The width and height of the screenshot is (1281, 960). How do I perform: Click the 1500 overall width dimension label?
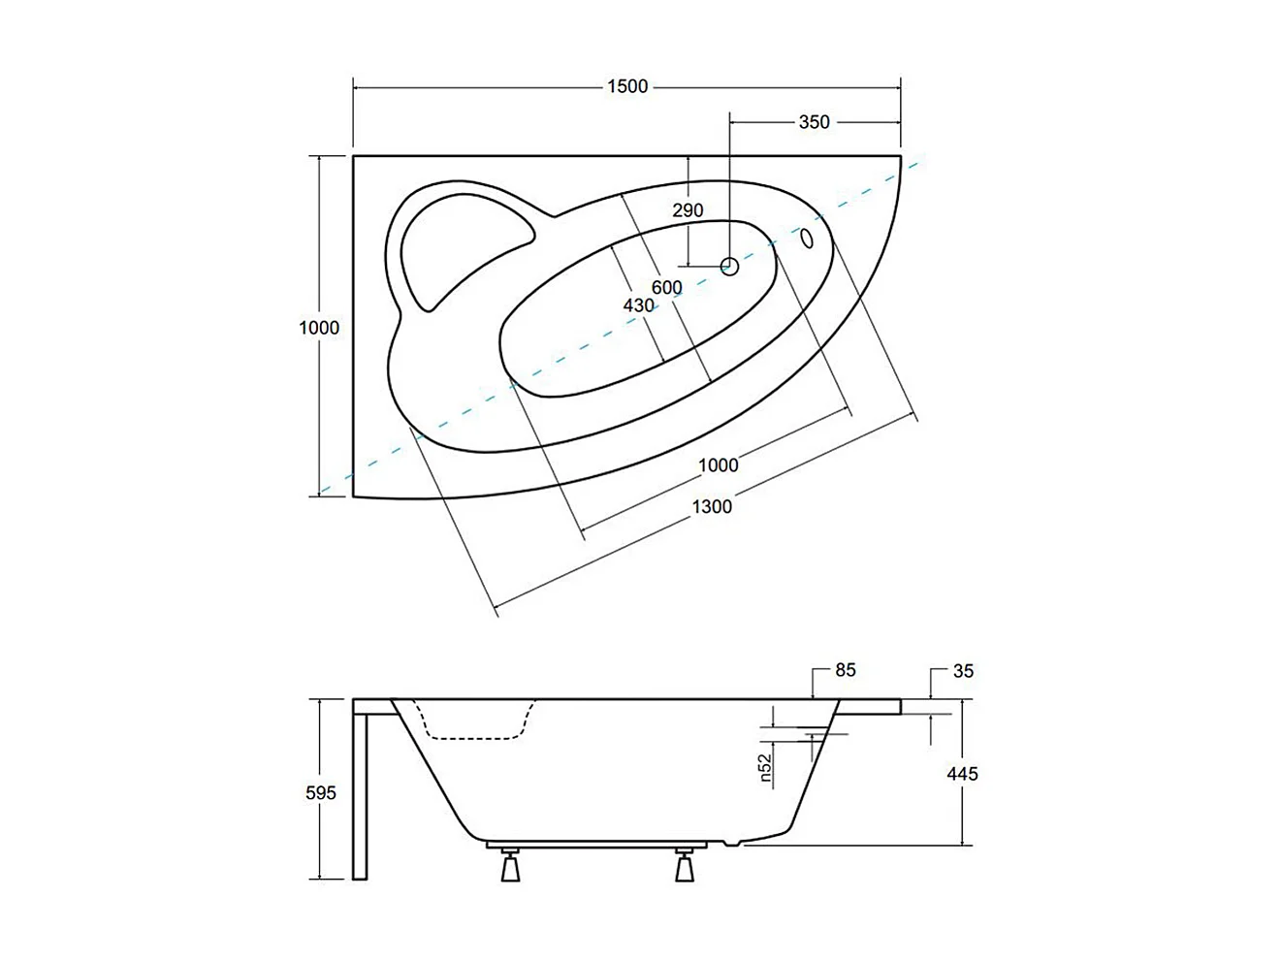626,86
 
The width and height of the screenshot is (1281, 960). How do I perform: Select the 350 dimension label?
814,122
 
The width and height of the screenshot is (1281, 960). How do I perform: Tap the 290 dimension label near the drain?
688,210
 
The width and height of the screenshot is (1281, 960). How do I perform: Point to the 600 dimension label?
666,288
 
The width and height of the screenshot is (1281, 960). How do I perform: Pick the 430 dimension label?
638,305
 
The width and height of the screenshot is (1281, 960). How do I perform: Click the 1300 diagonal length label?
712,506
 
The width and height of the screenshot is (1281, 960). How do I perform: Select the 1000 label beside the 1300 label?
719,464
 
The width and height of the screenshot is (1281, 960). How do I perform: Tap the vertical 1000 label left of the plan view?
319,328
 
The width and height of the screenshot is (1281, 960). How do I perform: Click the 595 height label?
321,793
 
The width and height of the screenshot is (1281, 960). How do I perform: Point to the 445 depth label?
962,774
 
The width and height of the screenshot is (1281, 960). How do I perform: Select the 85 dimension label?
846,670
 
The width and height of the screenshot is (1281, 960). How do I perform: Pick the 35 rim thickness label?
963,670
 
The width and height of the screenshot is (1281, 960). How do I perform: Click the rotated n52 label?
765,767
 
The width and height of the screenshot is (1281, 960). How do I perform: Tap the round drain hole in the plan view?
730,265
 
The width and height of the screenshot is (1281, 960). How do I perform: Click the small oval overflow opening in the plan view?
807,238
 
